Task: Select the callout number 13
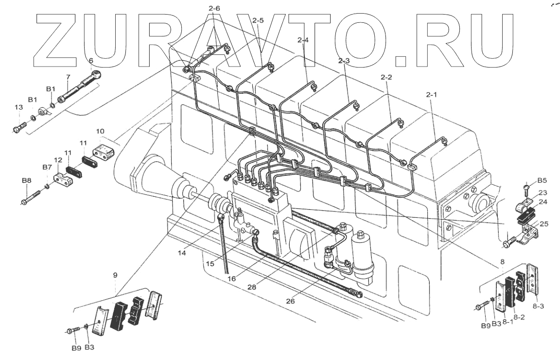point(18,107)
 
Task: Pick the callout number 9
point(115,275)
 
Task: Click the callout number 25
point(543,224)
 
